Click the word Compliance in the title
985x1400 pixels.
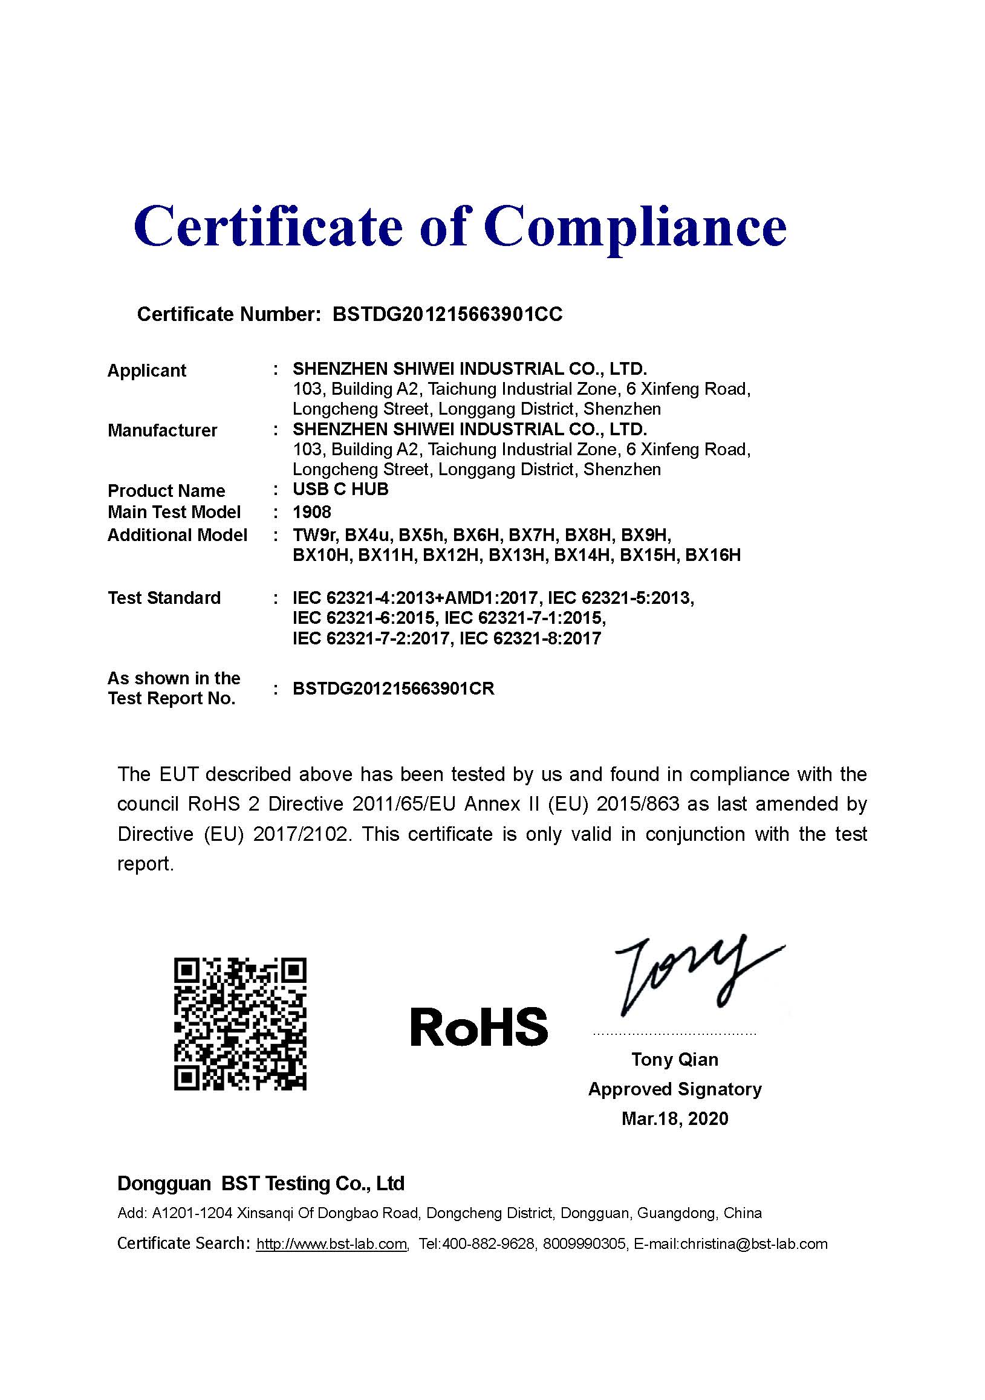pyautogui.click(x=635, y=227)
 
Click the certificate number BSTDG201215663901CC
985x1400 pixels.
pyautogui.click(x=447, y=314)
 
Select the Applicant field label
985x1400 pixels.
pyautogui.click(x=146, y=370)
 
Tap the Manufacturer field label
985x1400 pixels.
pyautogui.click(x=162, y=430)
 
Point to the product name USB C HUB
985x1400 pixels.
pyautogui.click(x=340, y=490)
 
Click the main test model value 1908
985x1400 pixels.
pyautogui.click(x=311, y=511)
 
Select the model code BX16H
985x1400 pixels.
pyautogui.click(x=712, y=556)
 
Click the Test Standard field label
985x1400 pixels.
pyautogui.click(x=164, y=598)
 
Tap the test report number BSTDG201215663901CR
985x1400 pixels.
pyautogui.click(x=394, y=689)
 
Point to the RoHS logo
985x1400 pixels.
pyautogui.click(x=479, y=1026)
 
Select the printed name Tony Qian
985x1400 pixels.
pyautogui.click(x=675, y=1059)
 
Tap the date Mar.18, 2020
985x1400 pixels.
pyautogui.click(x=675, y=1118)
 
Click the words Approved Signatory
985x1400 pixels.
pyautogui.click(x=675, y=1089)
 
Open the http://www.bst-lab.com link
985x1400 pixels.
pyautogui.click(x=331, y=1244)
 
